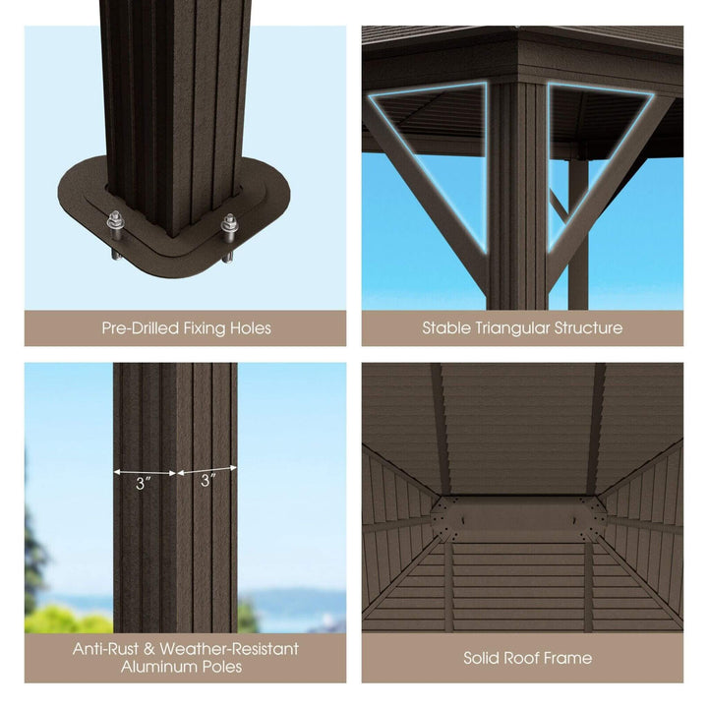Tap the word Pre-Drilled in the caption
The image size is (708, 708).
pos(141,327)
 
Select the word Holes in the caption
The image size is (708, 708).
pos(248,327)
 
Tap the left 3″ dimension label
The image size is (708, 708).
pos(144,483)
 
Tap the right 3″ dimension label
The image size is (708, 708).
pos(207,481)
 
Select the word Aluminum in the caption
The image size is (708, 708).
pos(162,667)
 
